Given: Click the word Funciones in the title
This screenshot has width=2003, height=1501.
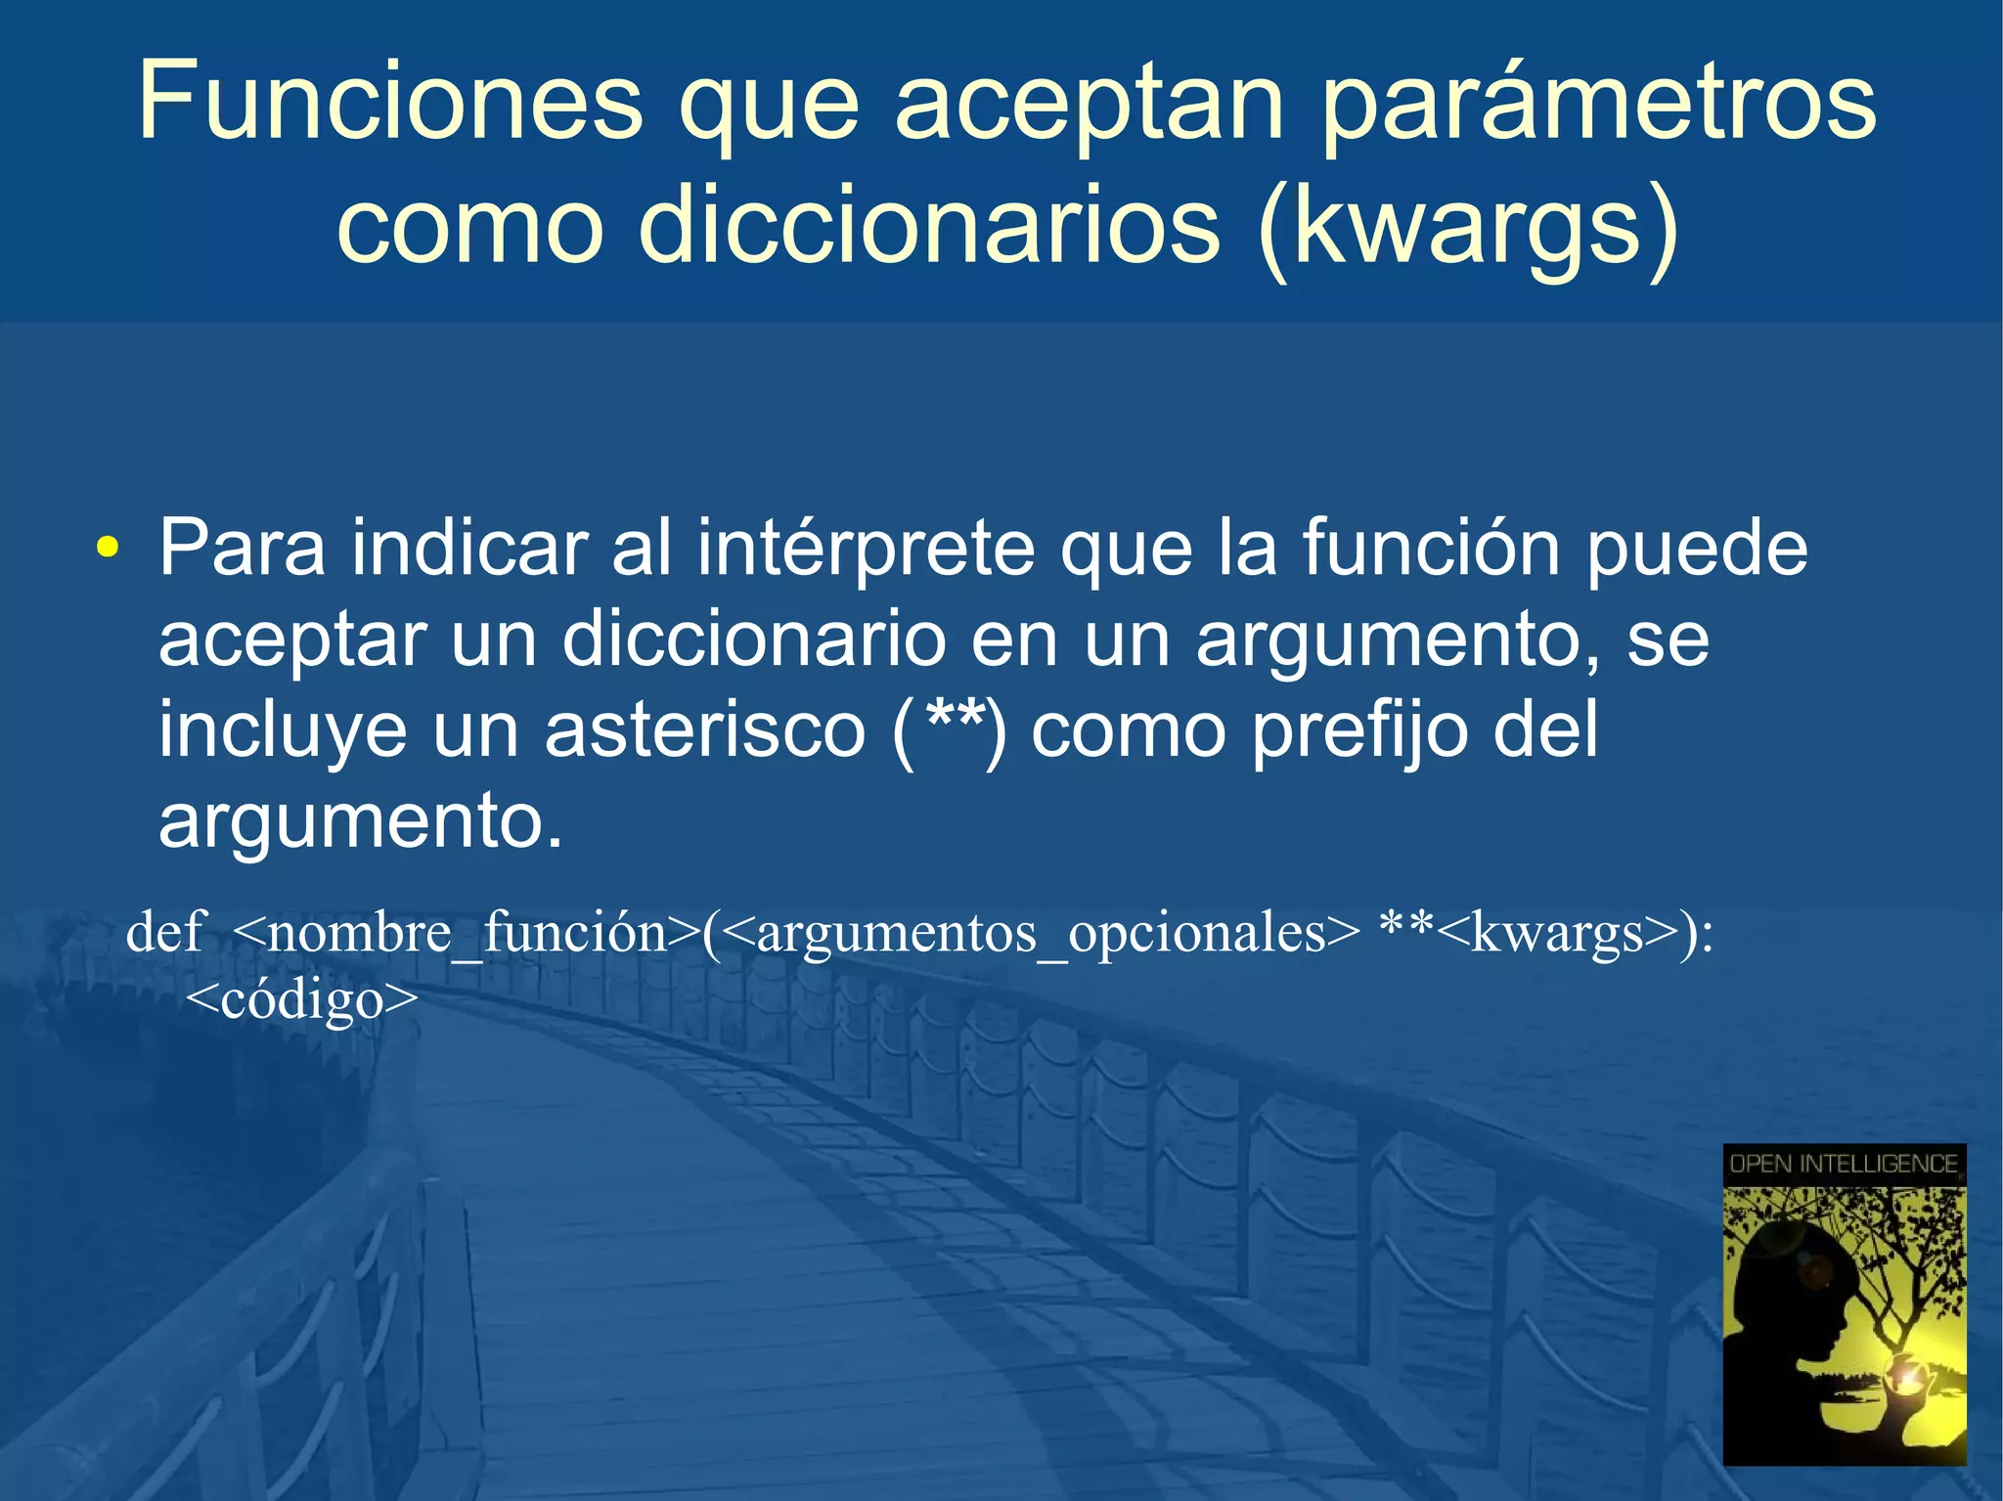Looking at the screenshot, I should pos(389,101).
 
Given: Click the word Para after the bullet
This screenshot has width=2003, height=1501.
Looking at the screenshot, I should pos(242,548).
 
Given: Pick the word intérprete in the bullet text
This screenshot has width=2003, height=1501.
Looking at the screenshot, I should pos(865,550).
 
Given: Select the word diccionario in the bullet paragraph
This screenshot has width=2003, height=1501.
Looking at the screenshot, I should pos(753,640).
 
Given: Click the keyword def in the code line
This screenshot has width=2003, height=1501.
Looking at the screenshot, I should pos(164,931).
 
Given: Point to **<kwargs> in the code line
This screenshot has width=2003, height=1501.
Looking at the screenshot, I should pos(1526,933).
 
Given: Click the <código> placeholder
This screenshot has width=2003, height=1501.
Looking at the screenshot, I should pos(301,999).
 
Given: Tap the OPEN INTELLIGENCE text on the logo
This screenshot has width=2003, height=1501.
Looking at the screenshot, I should pos(1844,1164).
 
